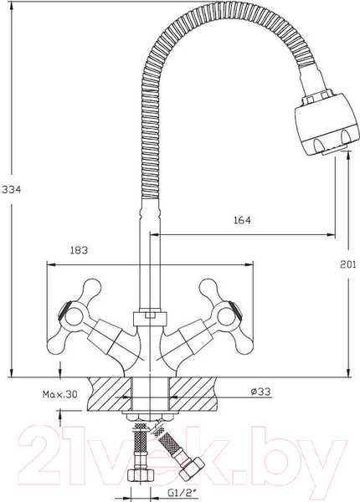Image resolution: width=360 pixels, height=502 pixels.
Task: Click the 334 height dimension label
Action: click(11, 190)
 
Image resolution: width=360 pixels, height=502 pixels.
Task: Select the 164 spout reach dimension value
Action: click(242, 220)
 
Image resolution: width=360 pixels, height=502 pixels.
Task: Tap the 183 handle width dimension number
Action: click(79, 250)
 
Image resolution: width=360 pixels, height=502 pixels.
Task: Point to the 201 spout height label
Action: click(347, 264)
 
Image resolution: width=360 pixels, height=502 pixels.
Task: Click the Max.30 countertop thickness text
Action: click(60, 394)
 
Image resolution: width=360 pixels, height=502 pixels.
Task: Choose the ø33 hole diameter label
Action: click(260, 392)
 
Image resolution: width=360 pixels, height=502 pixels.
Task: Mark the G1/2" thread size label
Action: click(181, 493)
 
